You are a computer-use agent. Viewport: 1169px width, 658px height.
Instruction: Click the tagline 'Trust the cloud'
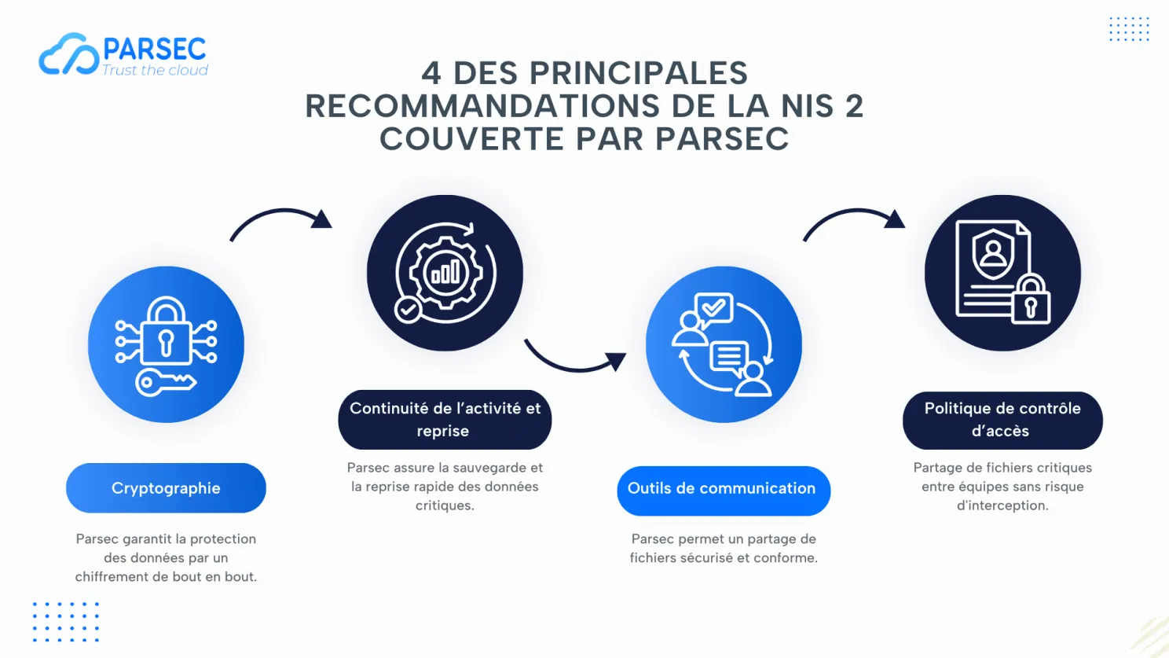pyautogui.click(x=155, y=70)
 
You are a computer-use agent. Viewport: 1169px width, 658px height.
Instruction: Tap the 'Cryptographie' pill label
pyautogui.click(x=166, y=487)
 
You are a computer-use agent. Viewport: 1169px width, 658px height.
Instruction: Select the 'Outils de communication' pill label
pyautogui.click(x=724, y=489)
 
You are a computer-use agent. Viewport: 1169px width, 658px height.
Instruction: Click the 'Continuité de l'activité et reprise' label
pyautogui.click(x=445, y=419)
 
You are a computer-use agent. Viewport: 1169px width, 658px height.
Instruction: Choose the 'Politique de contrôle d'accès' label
pyautogui.click(x=1002, y=420)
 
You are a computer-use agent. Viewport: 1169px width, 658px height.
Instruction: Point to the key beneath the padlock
pyautogui.click(x=166, y=383)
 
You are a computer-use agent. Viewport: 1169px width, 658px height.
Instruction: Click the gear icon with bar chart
pyautogui.click(x=445, y=273)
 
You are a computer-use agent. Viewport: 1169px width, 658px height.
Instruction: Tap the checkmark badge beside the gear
pyautogui.click(x=408, y=311)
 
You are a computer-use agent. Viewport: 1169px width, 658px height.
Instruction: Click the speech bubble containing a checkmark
pyautogui.click(x=714, y=309)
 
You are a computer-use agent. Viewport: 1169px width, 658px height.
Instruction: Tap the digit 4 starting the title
pyautogui.click(x=431, y=73)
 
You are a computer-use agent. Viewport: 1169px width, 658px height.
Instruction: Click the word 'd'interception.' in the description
pyautogui.click(x=1002, y=505)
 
